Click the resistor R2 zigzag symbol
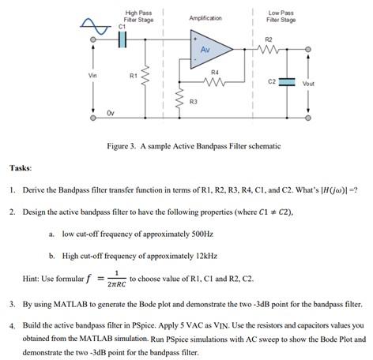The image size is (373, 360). tap(268, 49)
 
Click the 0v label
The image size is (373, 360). tap(111, 113)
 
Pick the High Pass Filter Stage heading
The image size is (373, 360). tap(139, 16)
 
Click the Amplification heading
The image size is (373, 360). tap(205, 17)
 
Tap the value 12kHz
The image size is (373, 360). tap(204, 256)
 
